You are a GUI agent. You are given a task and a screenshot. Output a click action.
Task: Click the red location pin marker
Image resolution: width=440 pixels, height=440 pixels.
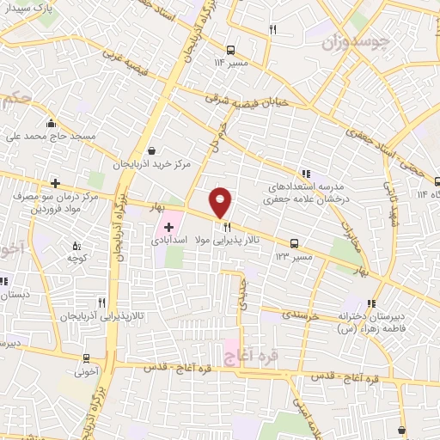[220, 201]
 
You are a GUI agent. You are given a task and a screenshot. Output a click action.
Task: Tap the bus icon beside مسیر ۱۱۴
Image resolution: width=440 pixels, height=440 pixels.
[230, 49]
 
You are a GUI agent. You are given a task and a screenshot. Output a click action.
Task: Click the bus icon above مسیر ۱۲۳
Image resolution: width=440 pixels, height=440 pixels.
[295, 243]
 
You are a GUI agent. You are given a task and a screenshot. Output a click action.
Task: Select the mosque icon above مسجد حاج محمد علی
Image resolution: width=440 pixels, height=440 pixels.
[53, 121]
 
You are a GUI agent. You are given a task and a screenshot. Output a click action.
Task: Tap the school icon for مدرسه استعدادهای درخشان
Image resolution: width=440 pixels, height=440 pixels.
[304, 173]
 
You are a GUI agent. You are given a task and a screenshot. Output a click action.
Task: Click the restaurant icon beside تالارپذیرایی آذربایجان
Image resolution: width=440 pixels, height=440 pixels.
[102, 302]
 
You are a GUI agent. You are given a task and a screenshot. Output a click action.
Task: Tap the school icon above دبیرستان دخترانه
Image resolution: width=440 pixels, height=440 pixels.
[371, 302]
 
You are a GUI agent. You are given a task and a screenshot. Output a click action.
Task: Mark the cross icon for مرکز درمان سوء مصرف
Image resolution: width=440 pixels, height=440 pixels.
[56, 183]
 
